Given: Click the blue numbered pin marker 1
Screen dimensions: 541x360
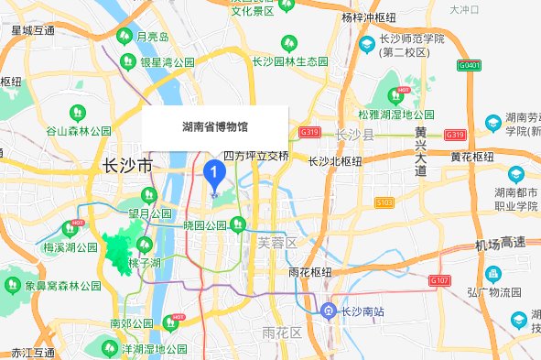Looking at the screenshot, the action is tap(214, 171).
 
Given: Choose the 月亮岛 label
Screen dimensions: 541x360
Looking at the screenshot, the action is tap(152, 38).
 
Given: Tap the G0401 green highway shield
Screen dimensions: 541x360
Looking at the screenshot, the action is tap(470, 66).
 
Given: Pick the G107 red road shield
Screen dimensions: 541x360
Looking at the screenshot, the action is tap(439, 279).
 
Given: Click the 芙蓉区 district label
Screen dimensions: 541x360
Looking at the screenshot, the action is tap(277, 243).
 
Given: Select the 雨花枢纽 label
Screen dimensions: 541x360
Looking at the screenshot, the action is tap(308, 272).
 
